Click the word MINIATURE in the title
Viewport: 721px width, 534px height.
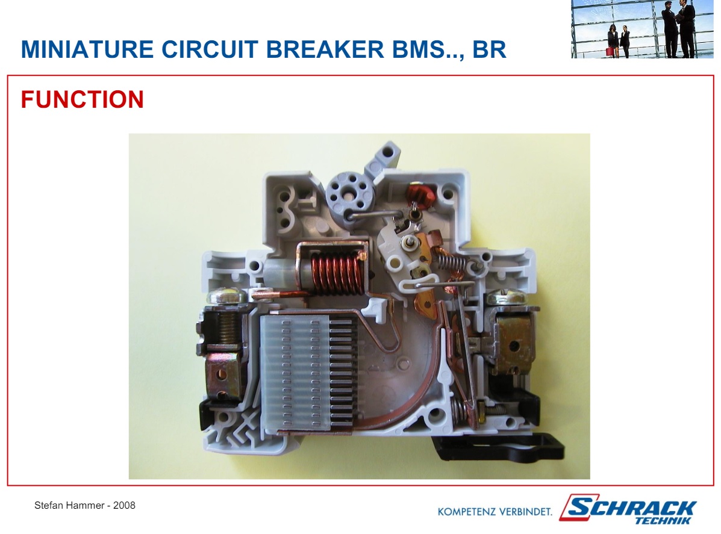[x=87, y=49]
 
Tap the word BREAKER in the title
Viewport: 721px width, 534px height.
[x=325, y=49]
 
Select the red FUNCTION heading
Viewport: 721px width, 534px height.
[x=83, y=99]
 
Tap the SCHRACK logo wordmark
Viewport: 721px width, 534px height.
[x=628, y=508]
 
